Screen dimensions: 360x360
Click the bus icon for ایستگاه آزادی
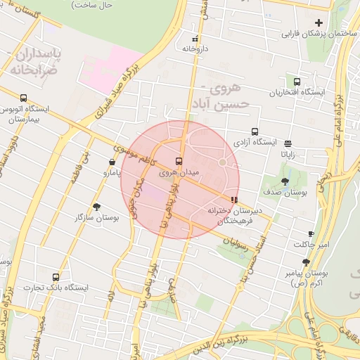255,131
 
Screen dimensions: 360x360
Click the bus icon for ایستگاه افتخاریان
296,82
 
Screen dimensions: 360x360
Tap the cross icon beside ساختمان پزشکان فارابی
319,23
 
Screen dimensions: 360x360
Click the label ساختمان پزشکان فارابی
319,34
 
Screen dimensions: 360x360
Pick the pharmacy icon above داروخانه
195,39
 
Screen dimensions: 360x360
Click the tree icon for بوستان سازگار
96,206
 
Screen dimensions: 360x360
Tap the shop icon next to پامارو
112,162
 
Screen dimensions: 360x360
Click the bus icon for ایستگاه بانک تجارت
56,276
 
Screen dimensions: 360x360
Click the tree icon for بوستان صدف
285,181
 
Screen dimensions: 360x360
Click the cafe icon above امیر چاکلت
311,234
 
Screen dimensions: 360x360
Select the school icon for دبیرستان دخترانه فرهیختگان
234,200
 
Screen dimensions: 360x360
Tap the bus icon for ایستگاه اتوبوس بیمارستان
24,98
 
